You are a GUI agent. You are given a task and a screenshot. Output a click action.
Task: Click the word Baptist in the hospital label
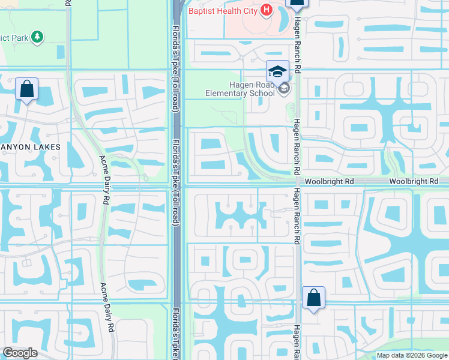(x=203, y=11)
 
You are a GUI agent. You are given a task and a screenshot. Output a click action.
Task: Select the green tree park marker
(x=37, y=37)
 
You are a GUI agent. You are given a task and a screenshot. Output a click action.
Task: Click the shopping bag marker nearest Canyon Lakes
(x=27, y=89)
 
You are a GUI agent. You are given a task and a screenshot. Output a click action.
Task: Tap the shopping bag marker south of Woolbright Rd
(x=313, y=298)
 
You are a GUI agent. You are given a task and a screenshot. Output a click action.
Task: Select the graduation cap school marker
(x=277, y=71)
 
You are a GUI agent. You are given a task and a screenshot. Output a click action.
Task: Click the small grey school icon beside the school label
(x=284, y=89)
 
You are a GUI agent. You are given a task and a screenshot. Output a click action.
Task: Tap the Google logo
(x=20, y=353)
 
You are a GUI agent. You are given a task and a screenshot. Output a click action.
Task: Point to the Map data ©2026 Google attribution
(x=412, y=355)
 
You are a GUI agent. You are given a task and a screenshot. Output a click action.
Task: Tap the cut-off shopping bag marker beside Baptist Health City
(x=295, y=3)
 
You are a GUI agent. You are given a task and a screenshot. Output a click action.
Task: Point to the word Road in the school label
(x=267, y=85)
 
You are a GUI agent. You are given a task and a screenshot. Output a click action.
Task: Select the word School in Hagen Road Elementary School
(x=262, y=93)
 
